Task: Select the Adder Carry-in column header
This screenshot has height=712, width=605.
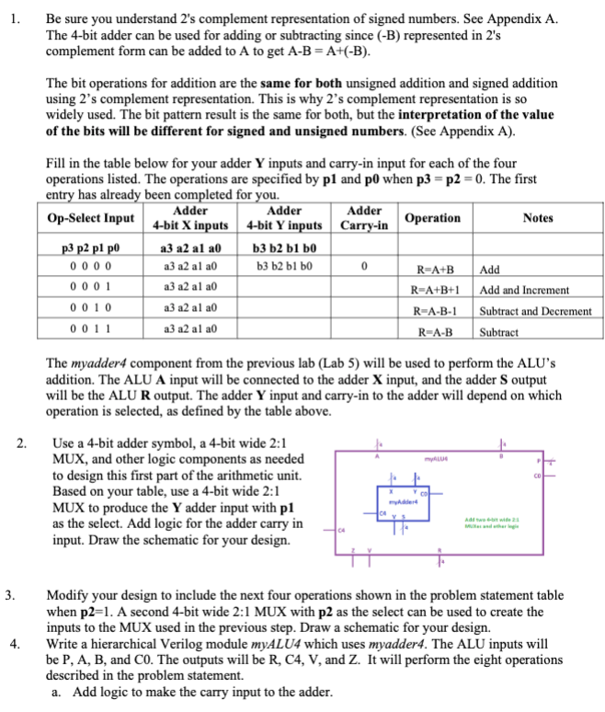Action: [365, 217]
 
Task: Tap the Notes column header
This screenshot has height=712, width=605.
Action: [537, 217]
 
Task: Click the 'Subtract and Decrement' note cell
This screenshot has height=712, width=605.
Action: [536, 311]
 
